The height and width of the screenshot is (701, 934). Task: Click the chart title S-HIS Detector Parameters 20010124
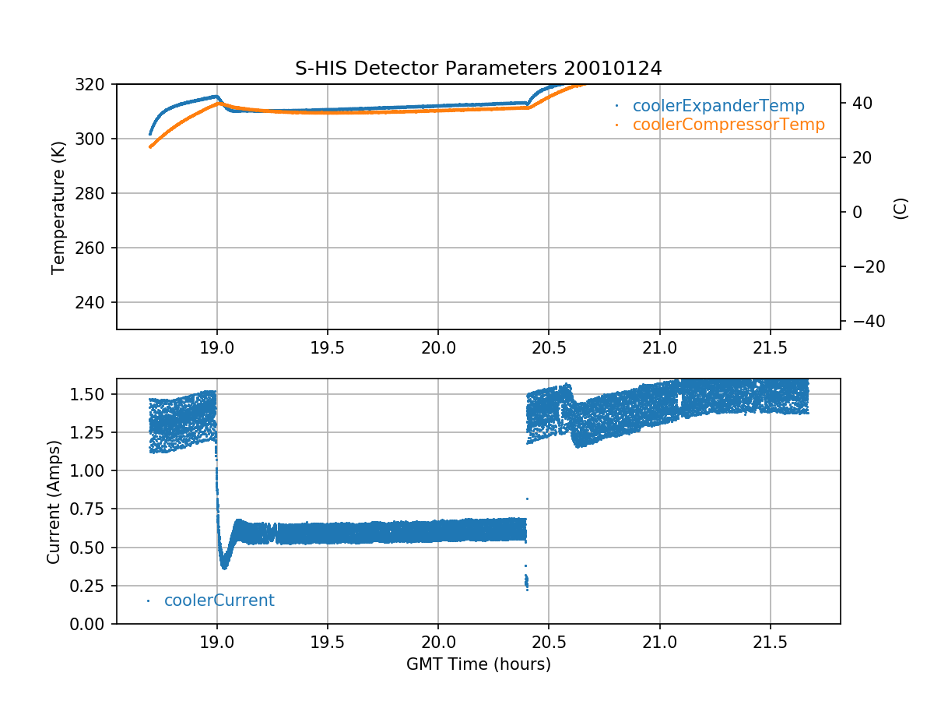pyautogui.click(x=478, y=68)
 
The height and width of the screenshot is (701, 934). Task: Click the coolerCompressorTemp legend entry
pyautogui.click(x=728, y=125)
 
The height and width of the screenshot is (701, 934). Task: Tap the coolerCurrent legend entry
pyautogui.click(x=219, y=601)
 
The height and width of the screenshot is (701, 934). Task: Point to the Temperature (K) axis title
pyautogui.click(x=58, y=206)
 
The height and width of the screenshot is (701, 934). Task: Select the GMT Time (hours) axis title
pyautogui.click(x=478, y=664)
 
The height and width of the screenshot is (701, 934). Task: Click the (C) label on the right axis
pyautogui.click(x=901, y=208)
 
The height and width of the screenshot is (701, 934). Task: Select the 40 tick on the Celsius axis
pyautogui.click(x=856, y=103)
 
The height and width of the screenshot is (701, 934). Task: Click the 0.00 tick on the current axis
pyautogui.click(x=92, y=624)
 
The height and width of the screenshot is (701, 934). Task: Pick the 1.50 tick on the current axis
pyautogui.click(x=92, y=395)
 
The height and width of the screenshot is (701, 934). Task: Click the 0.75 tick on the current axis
pyautogui.click(x=92, y=509)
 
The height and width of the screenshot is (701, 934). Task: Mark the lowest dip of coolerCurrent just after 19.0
pyautogui.click(x=224, y=566)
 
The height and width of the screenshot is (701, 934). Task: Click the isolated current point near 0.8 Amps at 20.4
pyautogui.click(x=527, y=498)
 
